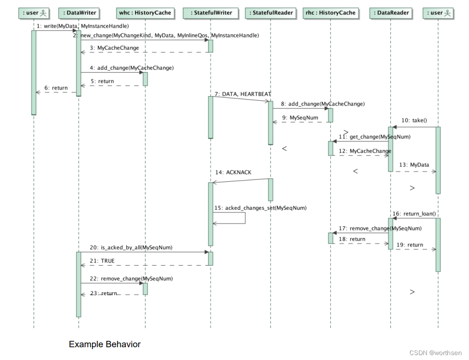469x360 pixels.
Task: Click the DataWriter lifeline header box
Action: point(79,13)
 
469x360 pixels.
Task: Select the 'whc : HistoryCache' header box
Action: point(145,13)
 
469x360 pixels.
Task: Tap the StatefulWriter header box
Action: point(210,13)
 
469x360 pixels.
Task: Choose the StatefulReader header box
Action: point(270,13)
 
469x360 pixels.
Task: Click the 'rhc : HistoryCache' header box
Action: point(330,13)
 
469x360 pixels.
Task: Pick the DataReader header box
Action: point(391,13)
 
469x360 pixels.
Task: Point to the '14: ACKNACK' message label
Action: point(233,172)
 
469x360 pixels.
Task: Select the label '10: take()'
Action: point(414,120)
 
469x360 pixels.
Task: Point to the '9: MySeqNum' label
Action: point(301,118)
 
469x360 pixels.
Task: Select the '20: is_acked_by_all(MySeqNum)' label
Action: point(131,248)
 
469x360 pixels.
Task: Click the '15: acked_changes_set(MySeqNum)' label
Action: point(260,208)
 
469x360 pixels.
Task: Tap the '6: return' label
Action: point(56,88)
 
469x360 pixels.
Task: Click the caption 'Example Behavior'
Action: point(104,344)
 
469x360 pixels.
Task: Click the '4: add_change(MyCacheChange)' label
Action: point(131,68)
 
